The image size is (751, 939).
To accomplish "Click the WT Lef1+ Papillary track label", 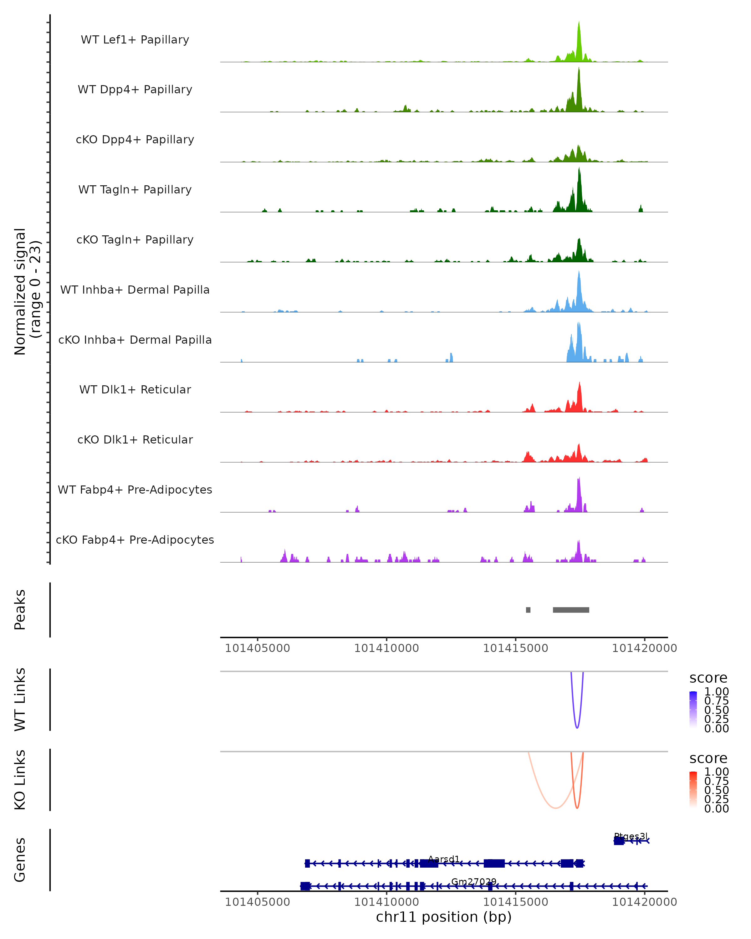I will (x=135, y=40).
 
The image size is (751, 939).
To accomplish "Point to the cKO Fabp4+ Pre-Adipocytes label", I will (x=135, y=540).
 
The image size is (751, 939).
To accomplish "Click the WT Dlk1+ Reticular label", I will (x=135, y=389).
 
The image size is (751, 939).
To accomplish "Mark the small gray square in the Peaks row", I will (x=528, y=610).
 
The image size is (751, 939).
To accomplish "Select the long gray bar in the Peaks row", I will (x=571, y=610).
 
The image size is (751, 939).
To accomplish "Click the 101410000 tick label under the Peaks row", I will (x=386, y=648).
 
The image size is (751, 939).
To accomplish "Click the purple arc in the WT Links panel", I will (x=577, y=727).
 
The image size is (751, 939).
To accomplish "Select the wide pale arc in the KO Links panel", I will (x=555, y=808).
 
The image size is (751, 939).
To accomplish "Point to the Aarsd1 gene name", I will (x=444, y=859).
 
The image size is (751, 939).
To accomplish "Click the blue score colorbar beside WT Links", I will (x=693, y=710).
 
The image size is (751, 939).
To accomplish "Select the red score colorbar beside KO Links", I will (x=693, y=790).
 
